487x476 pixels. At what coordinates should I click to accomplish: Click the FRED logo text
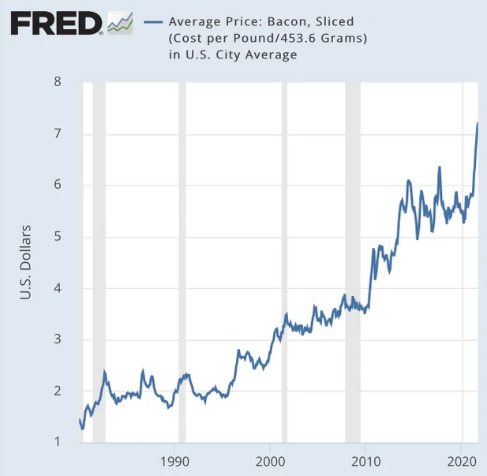(x=55, y=23)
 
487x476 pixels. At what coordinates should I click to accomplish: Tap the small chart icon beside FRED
(x=119, y=23)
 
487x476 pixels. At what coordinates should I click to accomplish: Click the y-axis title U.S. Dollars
(x=25, y=262)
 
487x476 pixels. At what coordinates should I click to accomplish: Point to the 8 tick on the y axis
(x=57, y=82)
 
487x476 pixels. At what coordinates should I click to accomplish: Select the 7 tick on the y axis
(x=57, y=134)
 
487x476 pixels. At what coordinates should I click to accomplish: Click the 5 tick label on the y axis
(x=57, y=237)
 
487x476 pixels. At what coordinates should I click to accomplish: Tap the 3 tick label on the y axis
(x=57, y=340)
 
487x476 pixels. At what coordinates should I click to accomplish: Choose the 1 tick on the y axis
(x=57, y=442)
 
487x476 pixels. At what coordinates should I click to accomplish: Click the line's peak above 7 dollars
(x=477, y=123)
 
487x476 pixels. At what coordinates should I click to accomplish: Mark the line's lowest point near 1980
(x=82, y=429)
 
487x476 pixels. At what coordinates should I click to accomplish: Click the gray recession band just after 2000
(x=284, y=260)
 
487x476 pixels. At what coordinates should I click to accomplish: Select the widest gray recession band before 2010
(x=353, y=260)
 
